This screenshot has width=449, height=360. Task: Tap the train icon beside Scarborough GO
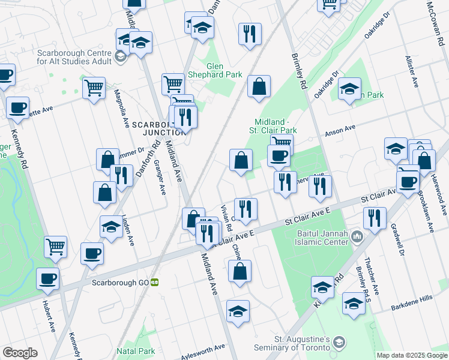[x=155, y=281]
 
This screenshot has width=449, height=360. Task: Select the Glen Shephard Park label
[x=224, y=70]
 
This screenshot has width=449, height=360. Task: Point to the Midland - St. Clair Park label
[x=276, y=126]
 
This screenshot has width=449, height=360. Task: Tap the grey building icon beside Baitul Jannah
[x=357, y=237]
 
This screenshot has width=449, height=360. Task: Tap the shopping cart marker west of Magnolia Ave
[x=94, y=88]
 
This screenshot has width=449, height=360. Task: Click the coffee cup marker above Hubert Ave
[x=48, y=278]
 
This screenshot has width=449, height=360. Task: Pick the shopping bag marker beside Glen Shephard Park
[x=259, y=86]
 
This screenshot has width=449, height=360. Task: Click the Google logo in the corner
[x=20, y=353]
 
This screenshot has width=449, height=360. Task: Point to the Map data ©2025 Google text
[x=411, y=355]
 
